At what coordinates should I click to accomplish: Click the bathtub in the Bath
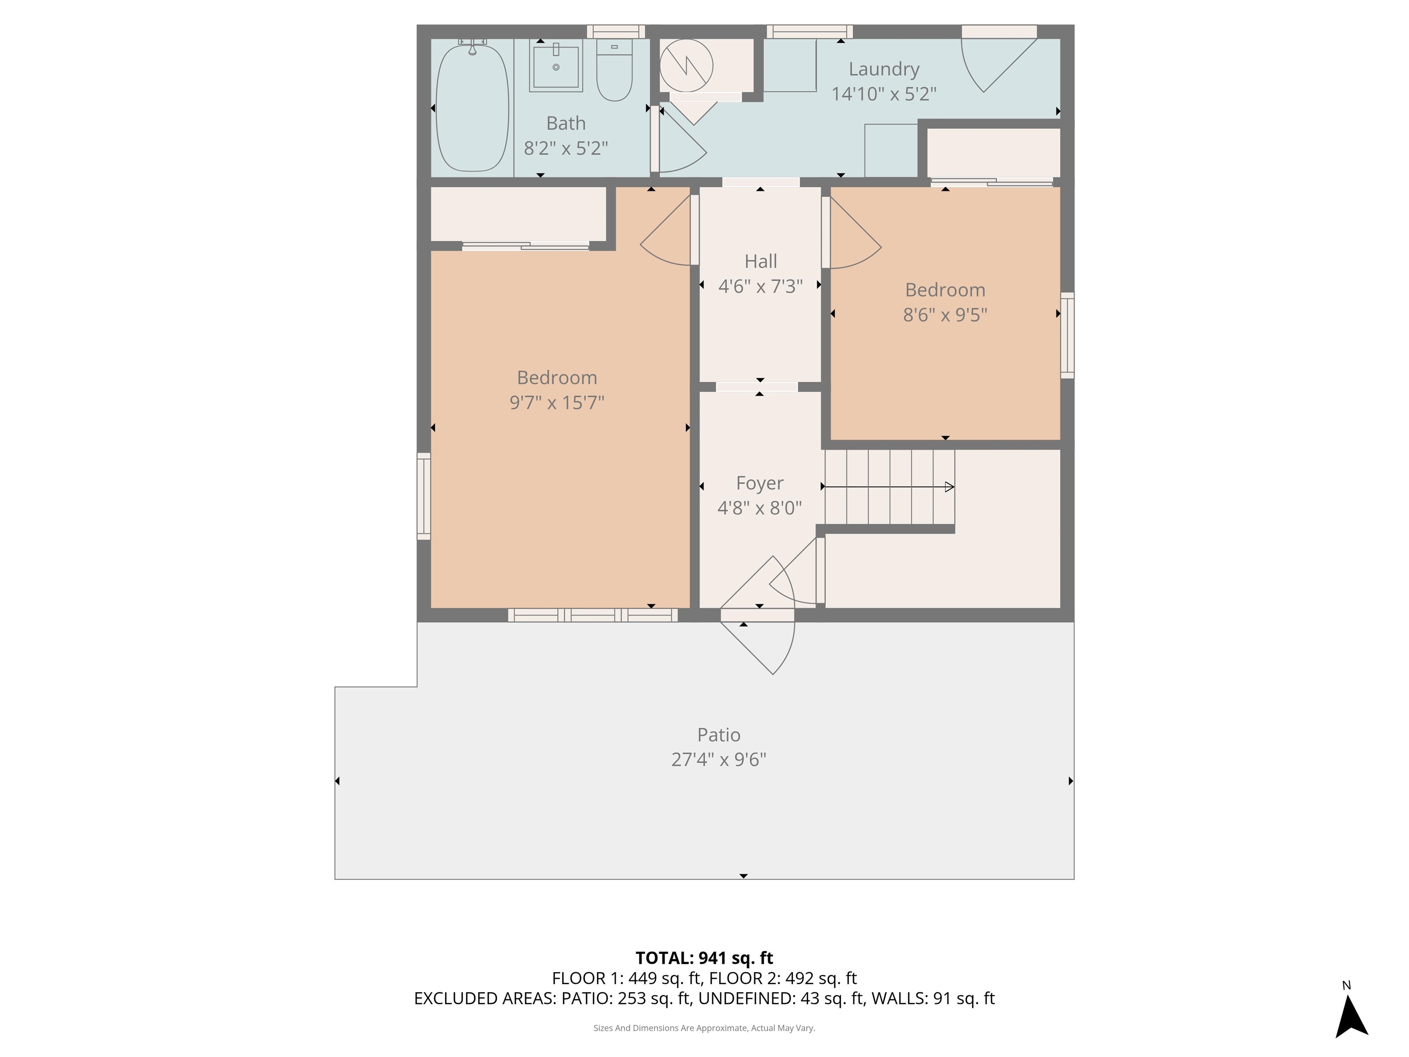472,107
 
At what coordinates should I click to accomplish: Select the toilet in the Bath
614,72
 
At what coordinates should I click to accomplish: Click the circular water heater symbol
686,65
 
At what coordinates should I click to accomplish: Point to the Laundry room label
883,69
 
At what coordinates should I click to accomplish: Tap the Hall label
760,261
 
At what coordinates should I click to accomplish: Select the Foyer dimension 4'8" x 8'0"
759,508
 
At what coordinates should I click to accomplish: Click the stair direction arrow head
949,487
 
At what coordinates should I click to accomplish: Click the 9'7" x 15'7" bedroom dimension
557,403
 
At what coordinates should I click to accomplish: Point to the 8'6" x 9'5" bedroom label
945,290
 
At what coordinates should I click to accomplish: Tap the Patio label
719,734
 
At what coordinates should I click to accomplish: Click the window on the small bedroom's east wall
1067,335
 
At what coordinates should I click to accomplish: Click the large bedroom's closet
518,214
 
